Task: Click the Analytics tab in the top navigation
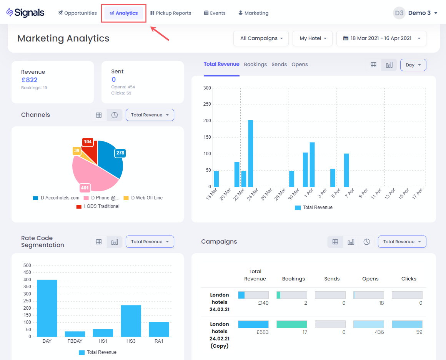pyautogui.click(x=123, y=13)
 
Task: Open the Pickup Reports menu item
pyautogui.click(x=171, y=13)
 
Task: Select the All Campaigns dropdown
pyautogui.click(x=261, y=38)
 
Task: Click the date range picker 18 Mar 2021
pyautogui.click(x=381, y=38)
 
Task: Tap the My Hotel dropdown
pyautogui.click(x=313, y=38)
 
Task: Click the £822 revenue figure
pyautogui.click(x=29, y=80)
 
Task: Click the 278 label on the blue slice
pyautogui.click(x=120, y=153)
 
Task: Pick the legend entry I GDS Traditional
pyautogui.click(x=98, y=206)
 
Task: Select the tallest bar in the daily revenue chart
pyautogui.click(x=251, y=153)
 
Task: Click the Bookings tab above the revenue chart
pyautogui.click(x=255, y=65)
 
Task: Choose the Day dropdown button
pyautogui.click(x=413, y=65)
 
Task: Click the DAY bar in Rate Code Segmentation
pyautogui.click(x=47, y=308)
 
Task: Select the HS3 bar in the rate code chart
pyautogui.click(x=131, y=320)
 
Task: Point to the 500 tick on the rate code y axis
pyautogui.click(x=27, y=265)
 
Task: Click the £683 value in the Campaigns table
pyautogui.click(x=263, y=332)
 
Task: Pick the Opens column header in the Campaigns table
pyautogui.click(x=370, y=279)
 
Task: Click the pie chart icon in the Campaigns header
pyautogui.click(x=367, y=242)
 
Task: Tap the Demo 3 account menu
pyautogui.click(x=415, y=13)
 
